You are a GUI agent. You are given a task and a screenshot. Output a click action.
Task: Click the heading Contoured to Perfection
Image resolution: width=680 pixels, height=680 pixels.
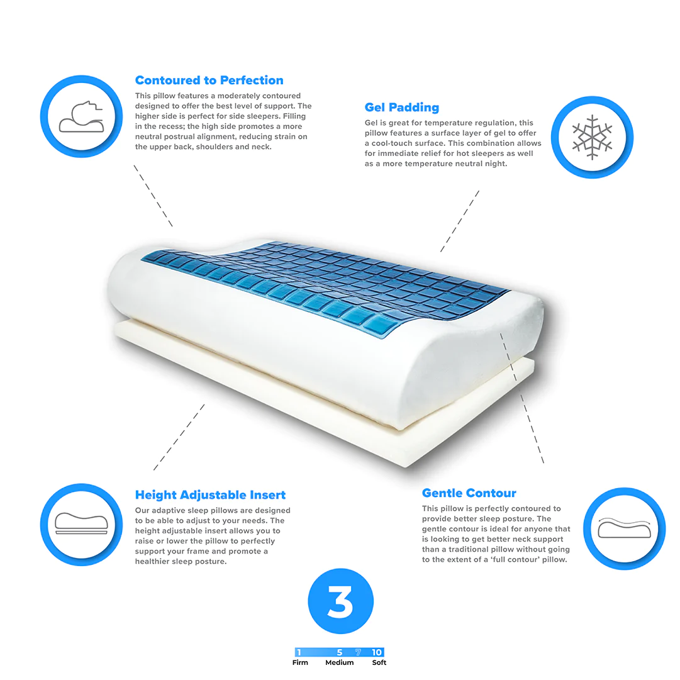[x=209, y=81]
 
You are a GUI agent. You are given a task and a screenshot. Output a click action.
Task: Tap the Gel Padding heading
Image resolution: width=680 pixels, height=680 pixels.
[x=401, y=107]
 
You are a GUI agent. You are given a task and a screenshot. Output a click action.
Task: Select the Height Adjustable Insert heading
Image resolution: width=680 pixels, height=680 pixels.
[x=210, y=495]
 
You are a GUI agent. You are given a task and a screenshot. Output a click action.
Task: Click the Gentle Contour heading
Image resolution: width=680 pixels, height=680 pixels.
[x=469, y=493]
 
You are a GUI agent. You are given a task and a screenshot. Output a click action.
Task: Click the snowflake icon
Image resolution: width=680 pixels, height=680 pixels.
[x=592, y=137]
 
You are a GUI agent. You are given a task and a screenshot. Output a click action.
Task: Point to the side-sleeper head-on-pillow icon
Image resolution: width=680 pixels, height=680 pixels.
[x=82, y=116]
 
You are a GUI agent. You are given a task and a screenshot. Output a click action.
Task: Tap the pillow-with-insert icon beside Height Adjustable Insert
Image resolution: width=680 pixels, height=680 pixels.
[x=82, y=523]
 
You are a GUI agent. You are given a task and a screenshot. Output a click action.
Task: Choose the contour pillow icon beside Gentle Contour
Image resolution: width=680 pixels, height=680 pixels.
[x=624, y=528]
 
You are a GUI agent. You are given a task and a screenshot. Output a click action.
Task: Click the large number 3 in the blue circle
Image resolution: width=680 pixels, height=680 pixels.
[x=340, y=601]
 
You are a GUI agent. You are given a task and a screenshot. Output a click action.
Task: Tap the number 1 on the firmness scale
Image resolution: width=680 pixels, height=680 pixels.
[x=299, y=652]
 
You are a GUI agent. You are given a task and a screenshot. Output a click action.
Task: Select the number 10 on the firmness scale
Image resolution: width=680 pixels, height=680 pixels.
[x=376, y=652]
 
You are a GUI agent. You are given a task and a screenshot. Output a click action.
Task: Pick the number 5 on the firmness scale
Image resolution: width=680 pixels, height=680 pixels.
[x=340, y=652]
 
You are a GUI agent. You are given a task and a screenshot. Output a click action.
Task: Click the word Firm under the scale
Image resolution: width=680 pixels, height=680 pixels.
[x=300, y=662]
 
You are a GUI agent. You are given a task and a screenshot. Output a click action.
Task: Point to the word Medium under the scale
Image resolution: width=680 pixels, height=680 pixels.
[x=340, y=662]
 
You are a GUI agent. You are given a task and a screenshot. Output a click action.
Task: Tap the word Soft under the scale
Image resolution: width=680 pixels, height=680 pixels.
[x=379, y=662]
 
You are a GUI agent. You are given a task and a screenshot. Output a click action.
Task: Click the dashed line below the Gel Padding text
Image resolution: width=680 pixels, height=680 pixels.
[x=460, y=221]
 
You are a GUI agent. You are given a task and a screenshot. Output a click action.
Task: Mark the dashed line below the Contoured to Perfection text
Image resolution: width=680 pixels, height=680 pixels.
[x=153, y=196]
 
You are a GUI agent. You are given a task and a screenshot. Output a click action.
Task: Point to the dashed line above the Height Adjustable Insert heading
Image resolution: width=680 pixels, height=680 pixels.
[x=179, y=437]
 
